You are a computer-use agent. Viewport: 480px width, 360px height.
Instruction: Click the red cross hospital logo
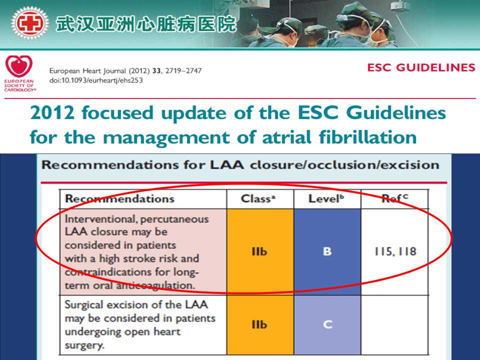(x=29, y=23)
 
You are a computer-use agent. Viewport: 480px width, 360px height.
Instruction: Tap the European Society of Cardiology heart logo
(x=19, y=66)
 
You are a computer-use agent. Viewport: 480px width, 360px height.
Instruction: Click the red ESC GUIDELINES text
(x=421, y=67)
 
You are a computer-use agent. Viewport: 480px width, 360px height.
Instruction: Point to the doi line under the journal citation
(x=96, y=80)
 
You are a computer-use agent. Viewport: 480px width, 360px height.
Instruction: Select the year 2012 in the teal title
(x=52, y=112)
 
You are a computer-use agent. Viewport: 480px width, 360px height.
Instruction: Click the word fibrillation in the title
(x=367, y=137)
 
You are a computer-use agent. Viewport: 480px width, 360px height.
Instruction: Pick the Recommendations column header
(x=119, y=198)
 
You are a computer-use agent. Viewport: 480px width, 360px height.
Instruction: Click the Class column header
(x=258, y=198)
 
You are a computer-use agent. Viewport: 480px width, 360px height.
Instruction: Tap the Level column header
(x=326, y=198)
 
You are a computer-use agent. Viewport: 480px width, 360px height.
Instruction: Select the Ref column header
(x=395, y=198)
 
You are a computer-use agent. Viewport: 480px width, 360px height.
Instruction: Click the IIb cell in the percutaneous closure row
(x=259, y=251)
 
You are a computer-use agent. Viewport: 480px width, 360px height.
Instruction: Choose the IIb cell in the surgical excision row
(x=259, y=324)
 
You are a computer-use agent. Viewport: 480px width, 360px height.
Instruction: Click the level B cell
(x=327, y=251)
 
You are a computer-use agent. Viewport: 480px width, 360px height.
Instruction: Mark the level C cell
(x=327, y=324)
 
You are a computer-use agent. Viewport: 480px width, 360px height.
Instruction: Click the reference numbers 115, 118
(x=395, y=251)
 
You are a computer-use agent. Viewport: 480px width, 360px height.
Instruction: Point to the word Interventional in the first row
(x=100, y=219)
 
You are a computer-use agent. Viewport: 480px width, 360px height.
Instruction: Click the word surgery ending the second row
(x=84, y=345)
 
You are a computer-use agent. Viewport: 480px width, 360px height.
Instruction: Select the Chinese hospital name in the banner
(x=146, y=24)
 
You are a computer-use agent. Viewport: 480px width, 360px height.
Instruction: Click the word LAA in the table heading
(x=227, y=165)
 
